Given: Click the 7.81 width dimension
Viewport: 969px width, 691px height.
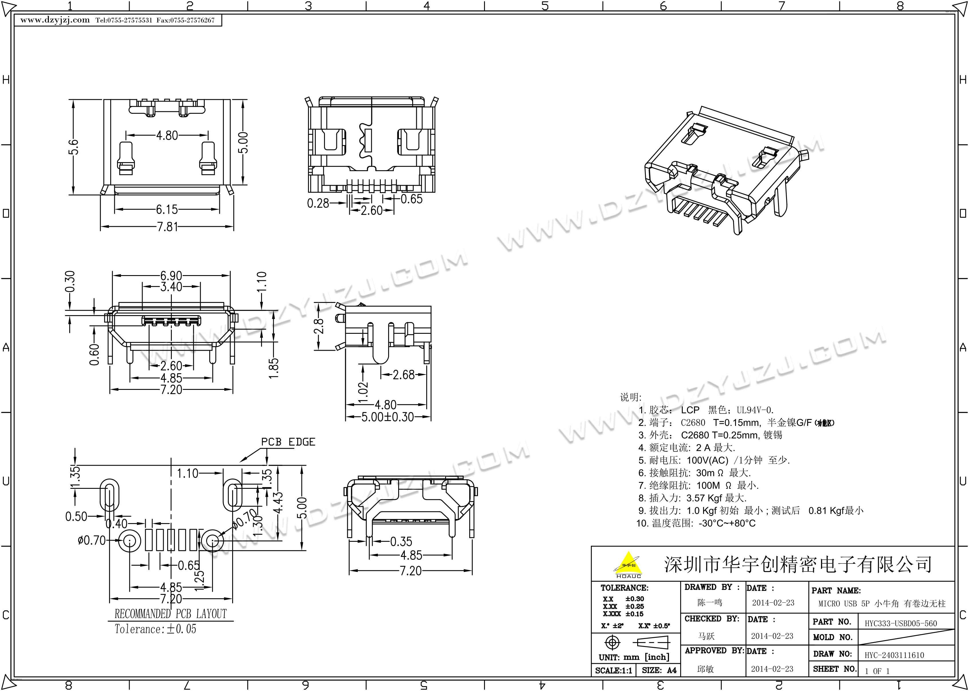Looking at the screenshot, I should (x=167, y=227).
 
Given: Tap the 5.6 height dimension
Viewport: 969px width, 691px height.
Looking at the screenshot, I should (x=73, y=147).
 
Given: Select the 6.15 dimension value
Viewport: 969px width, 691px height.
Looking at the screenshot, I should (x=167, y=209).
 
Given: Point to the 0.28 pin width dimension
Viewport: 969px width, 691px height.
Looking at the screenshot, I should (x=318, y=203).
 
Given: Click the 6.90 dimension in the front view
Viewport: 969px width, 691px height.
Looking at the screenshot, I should (x=171, y=275).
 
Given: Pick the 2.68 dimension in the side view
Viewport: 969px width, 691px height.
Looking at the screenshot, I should (x=403, y=375).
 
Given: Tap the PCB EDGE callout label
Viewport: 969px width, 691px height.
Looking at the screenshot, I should (x=288, y=442).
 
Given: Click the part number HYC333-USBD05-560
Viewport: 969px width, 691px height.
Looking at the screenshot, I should (x=901, y=623).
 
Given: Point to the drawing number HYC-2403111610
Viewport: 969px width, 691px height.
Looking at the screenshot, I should (x=894, y=655).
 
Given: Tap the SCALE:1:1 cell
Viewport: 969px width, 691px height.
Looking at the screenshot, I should (x=613, y=671).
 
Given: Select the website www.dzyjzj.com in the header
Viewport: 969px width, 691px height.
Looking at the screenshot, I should (x=55, y=20).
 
